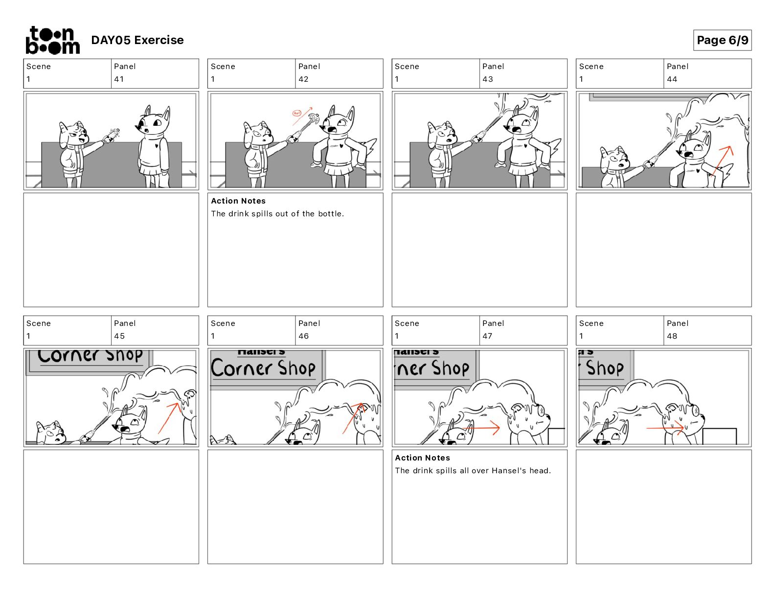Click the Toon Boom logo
[x=52, y=40]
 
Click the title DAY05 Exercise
[x=137, y=40]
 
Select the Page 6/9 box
[x=722, y=40]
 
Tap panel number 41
[x=119, y=79]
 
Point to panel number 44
[x=672, y=79]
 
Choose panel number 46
[x=303, y=336]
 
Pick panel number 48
[x=672, y=336]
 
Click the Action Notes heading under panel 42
[x=238, y=201]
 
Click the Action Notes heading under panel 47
[x=422, y=458]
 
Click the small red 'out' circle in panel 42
[x=296, y=113]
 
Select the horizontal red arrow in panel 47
[x=481, y=428]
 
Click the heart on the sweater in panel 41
[x=156, y=145]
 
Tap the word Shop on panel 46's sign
[x=296, y=368]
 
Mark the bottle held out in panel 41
[x=111, y=136]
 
